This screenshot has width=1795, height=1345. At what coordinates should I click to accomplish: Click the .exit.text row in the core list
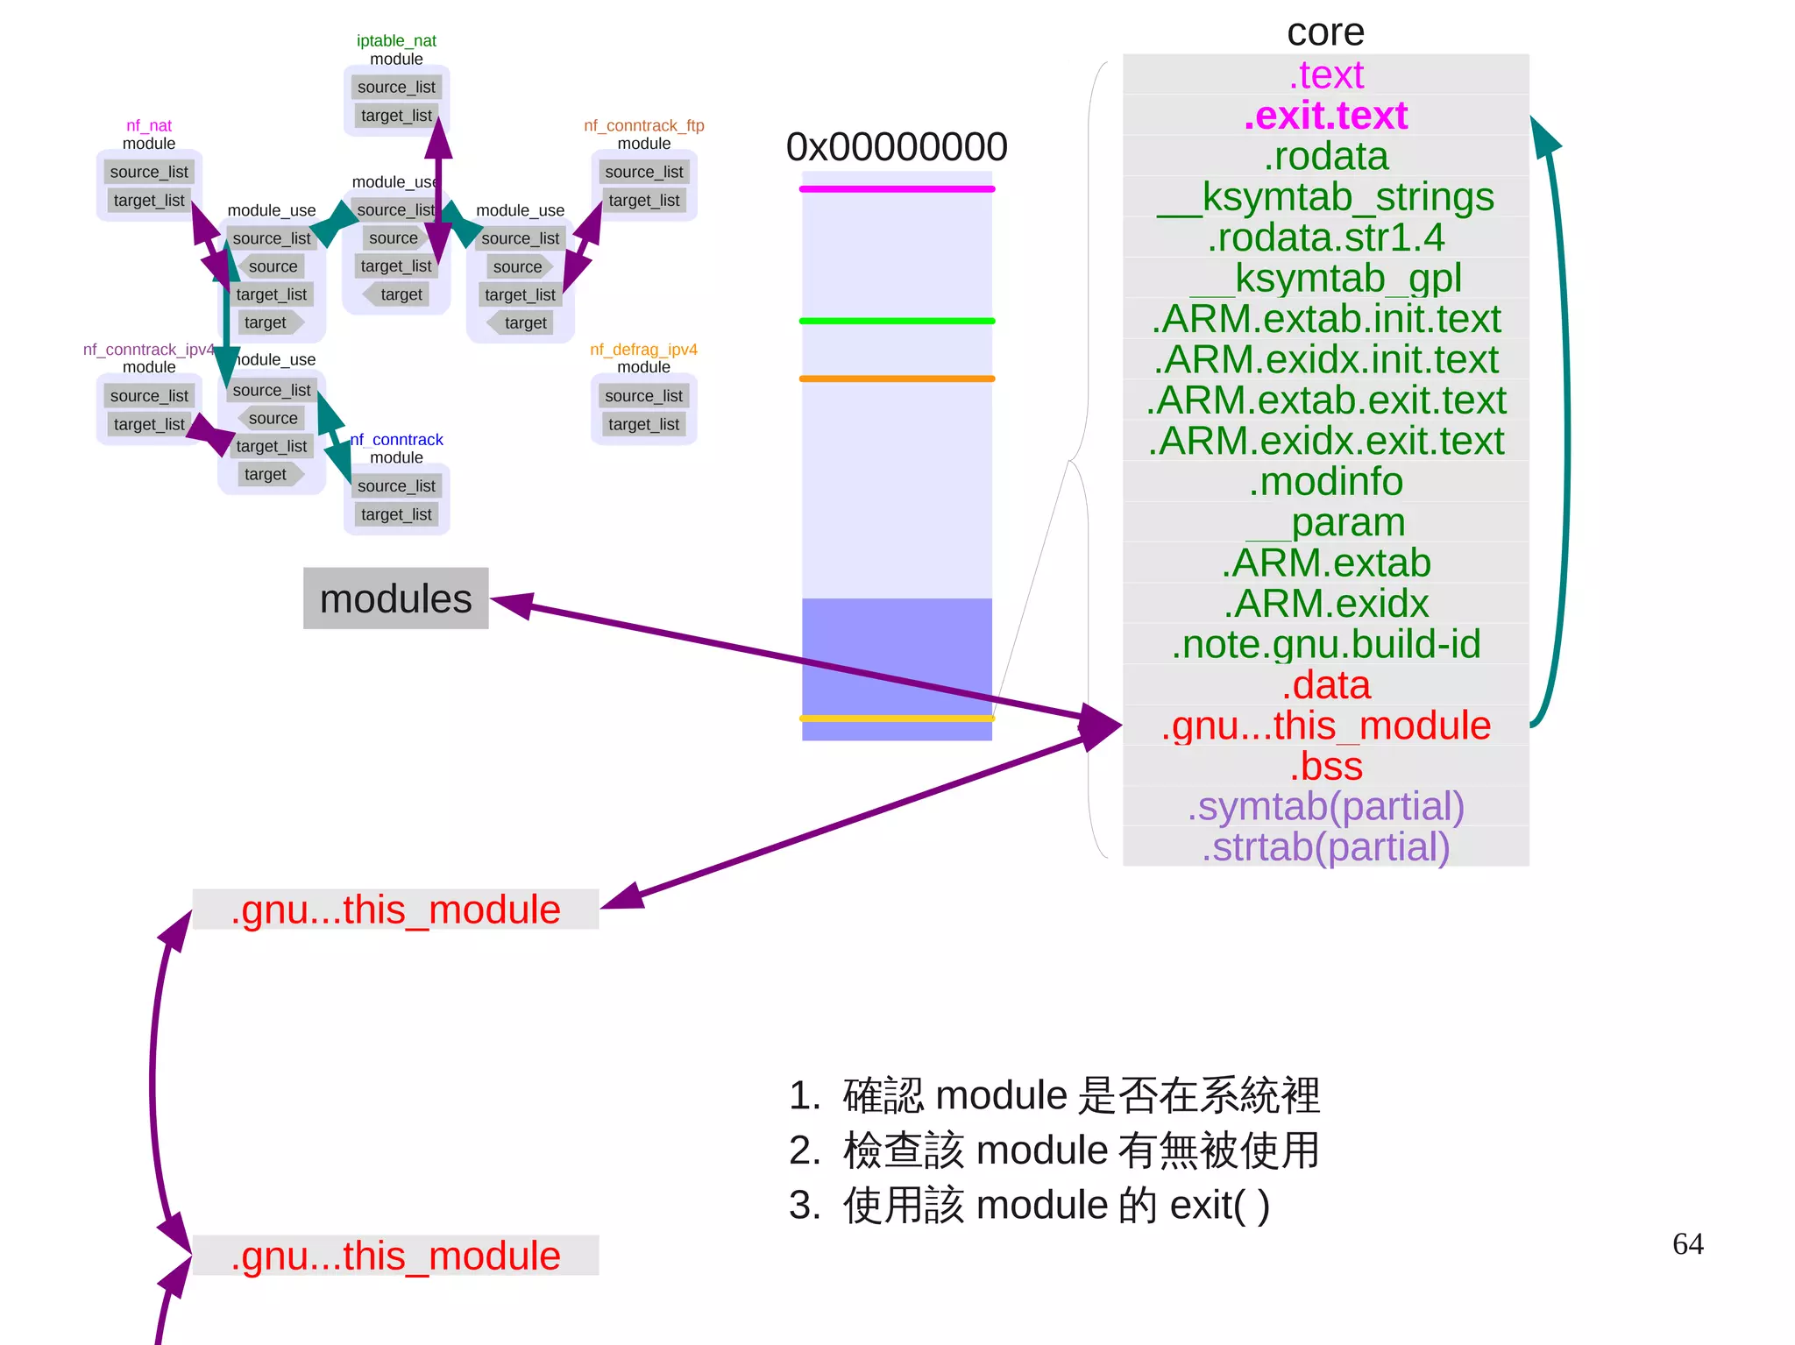click(1325, 116)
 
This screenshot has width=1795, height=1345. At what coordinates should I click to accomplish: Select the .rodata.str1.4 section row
click(1325, 237)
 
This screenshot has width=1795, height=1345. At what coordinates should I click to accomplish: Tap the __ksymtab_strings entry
click(1325, 197)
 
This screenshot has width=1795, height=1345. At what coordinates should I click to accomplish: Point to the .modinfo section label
click(1325, 481)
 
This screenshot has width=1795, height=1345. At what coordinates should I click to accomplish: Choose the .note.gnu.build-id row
click(1325, 644)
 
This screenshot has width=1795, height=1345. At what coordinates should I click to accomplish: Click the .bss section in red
click(1325, 766)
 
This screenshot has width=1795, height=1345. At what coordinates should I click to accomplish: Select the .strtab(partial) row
click(1325, 847)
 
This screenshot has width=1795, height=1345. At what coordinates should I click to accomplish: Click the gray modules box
click(395, 598)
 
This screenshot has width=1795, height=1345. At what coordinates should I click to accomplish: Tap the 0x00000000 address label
click(896, 147)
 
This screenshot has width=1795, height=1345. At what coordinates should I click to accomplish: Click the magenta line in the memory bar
click(896, 189)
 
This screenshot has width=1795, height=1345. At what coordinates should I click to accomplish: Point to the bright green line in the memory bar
click(896, 321)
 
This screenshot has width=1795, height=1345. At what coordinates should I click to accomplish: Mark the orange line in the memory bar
click(896, 379)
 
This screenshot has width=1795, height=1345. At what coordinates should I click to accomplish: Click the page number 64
click(1687, 1243)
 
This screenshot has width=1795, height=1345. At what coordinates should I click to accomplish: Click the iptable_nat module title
click(396, 40)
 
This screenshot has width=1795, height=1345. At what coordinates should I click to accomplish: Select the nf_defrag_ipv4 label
click(643, 350)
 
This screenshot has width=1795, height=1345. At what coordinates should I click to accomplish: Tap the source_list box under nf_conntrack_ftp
click(643, 172)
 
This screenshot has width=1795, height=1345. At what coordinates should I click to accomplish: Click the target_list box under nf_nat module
click(149, 201)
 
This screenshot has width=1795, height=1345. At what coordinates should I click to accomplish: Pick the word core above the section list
click(1325, 32)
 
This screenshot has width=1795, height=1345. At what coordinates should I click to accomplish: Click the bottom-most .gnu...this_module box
click(395, 1256)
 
